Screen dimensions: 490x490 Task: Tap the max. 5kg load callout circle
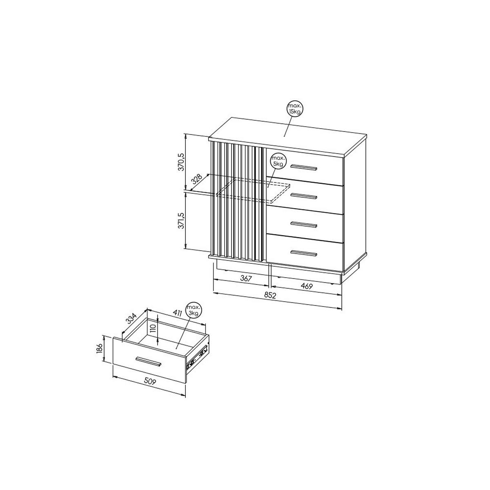click(278, 161)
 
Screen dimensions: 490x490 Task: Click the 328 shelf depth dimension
click(196, 179)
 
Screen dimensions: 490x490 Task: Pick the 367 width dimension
click(246, 278)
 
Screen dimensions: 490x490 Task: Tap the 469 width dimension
click(306, 286)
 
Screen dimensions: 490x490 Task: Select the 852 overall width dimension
click(270, 295)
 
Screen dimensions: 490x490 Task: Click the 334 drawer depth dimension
click(132, 319)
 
